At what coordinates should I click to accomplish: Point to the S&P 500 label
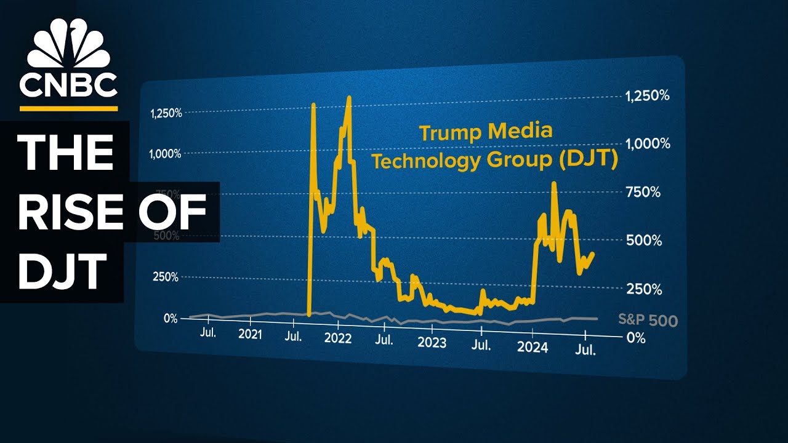pyautogui.click(x=648, y=321)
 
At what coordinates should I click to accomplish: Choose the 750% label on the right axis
pyautogui.click(x=643, y=193)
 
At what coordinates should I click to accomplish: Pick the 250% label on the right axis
pyautogui.click(x=643, y=289)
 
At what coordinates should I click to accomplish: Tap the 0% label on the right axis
pyautogui.click(x=636, y=338)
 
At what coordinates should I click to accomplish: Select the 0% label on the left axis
pyautogui.click(x=170, y=318)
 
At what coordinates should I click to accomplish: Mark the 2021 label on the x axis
pyautogui.click(x=250, y=335)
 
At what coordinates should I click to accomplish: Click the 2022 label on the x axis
pyautogui.click(x=337, y=338)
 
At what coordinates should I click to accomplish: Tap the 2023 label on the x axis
pyautogui.click(x=432, y=342)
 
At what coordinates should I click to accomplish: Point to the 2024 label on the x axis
pyautogui.click(x=532, y=347)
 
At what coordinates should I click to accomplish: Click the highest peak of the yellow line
pyautogui.click(x=349, y=97)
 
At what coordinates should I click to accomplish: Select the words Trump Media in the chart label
pyautogui.click(x=486, y=132)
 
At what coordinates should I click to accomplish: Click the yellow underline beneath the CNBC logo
pyautogui.click(x=68, y=108)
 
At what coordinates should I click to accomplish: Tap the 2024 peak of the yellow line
pyautogui.click(x=554, y=183)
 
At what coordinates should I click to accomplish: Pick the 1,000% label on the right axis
pyautogui.click(x=648, y=144)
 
